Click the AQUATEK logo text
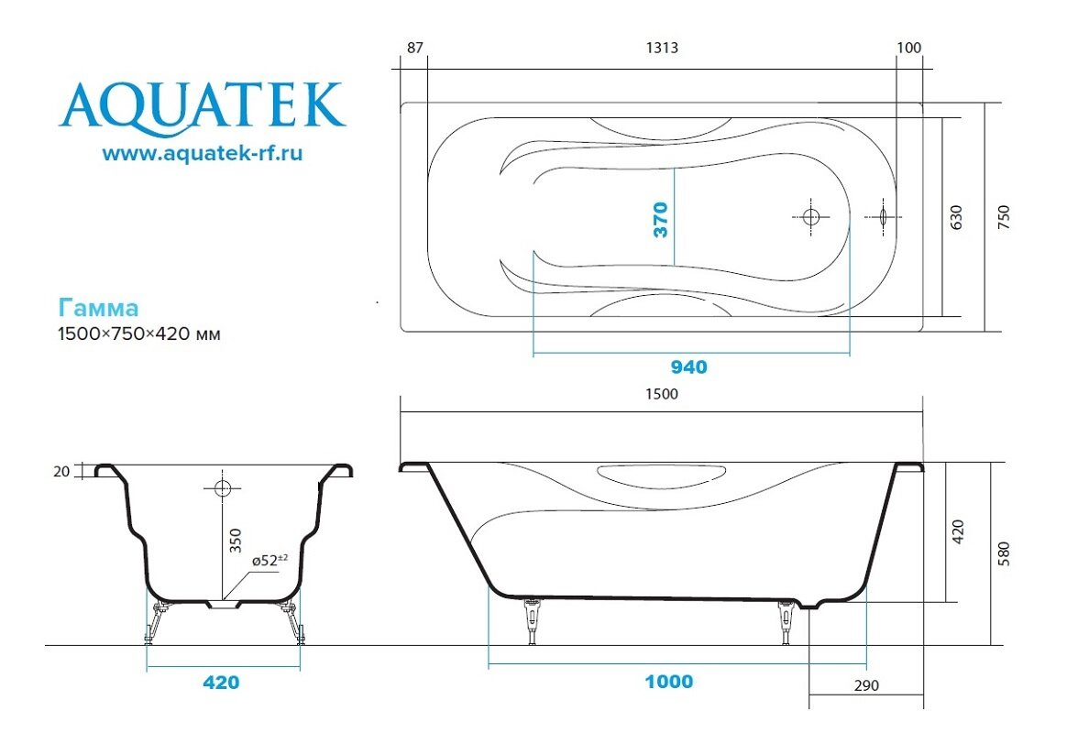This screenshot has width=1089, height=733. point(202,107)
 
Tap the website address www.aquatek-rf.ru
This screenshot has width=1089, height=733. point(202,153)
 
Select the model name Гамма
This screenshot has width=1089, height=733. point(99,308)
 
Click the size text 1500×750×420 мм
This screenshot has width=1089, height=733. point(139,334)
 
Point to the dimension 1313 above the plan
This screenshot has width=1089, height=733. point(662,48)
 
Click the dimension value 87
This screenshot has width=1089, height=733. point(414,48)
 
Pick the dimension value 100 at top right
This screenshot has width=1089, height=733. point(909,48)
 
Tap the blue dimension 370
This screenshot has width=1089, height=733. point(661,220)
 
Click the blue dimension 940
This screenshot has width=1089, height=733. point(689,367)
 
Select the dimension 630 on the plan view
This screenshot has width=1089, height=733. point(956,217)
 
